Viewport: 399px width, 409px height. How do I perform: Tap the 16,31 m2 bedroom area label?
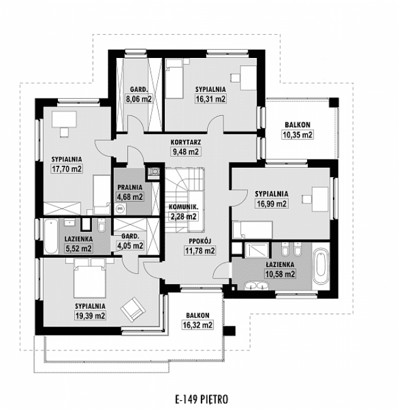210,98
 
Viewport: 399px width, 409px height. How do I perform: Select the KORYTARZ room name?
186,142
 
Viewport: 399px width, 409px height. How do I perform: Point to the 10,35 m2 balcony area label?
298,134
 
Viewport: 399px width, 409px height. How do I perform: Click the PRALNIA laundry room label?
130,187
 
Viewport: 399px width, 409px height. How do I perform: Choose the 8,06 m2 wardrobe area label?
138,98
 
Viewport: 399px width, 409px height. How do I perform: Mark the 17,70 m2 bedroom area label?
66,169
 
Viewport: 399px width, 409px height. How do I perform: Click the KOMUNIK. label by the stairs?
183,208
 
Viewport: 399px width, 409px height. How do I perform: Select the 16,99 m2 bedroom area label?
272,203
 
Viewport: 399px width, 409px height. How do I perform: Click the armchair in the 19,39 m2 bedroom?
133,308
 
